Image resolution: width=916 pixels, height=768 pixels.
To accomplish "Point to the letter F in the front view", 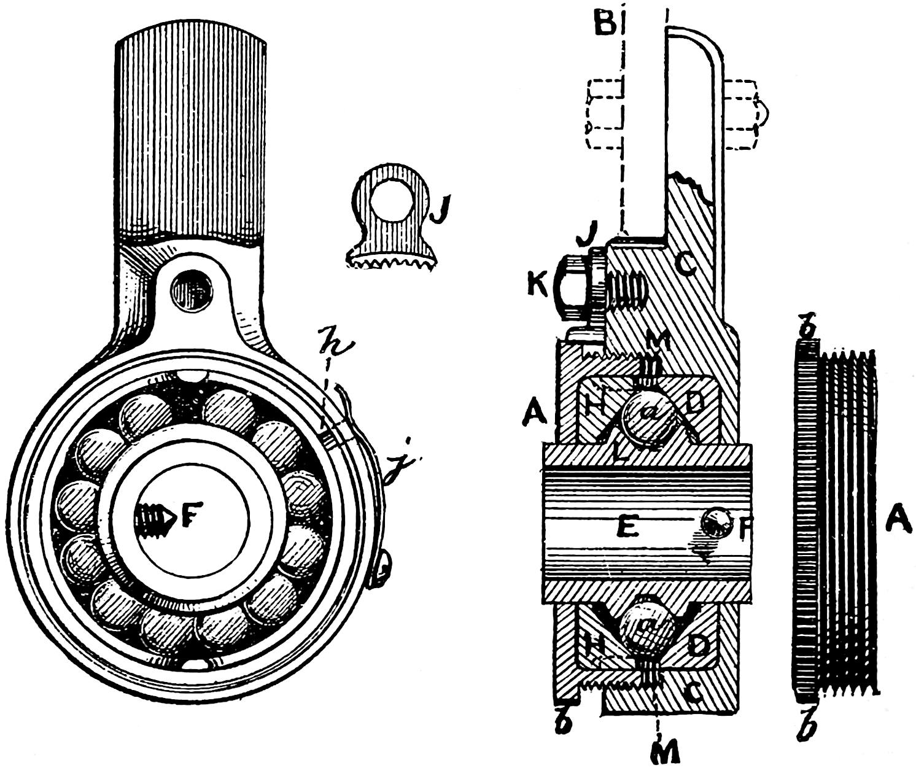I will [x=189, y=519].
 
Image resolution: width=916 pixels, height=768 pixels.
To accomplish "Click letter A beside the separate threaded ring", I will [x=897, y=522].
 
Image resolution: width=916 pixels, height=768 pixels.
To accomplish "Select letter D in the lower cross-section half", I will [x=697, y=644].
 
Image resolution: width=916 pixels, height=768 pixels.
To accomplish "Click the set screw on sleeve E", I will [x=716, y=523].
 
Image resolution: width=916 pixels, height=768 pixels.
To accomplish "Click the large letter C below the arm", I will [x=686, y=265].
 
